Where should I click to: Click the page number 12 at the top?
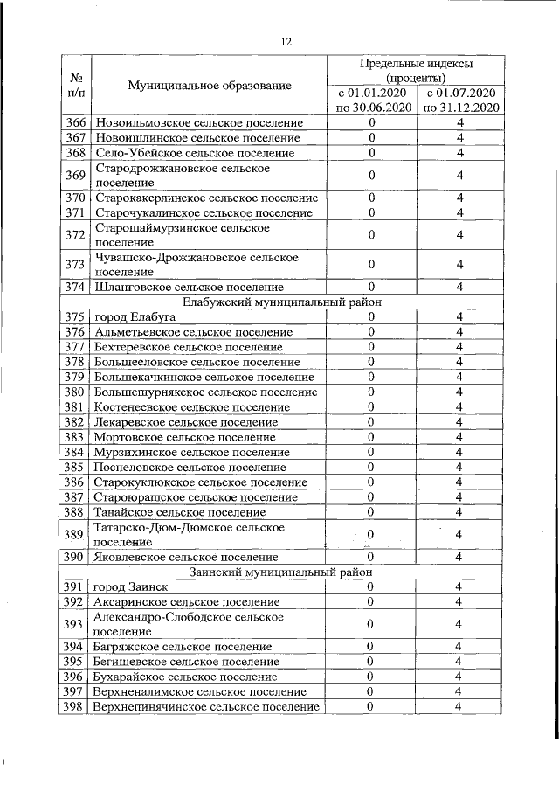[x=285, y=41]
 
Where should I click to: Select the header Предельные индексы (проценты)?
[x=417, y=72]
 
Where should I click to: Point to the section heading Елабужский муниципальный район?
[x=285, y=301]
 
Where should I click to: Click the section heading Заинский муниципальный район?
[x=285, y=572]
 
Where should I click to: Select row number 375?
[x=75, y=316]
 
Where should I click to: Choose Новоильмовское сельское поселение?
[x=198, y=122]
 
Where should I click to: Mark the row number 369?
[x=75, y=176]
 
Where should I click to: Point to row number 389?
[x=75, y=534]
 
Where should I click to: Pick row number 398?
[x=75, y=706]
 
